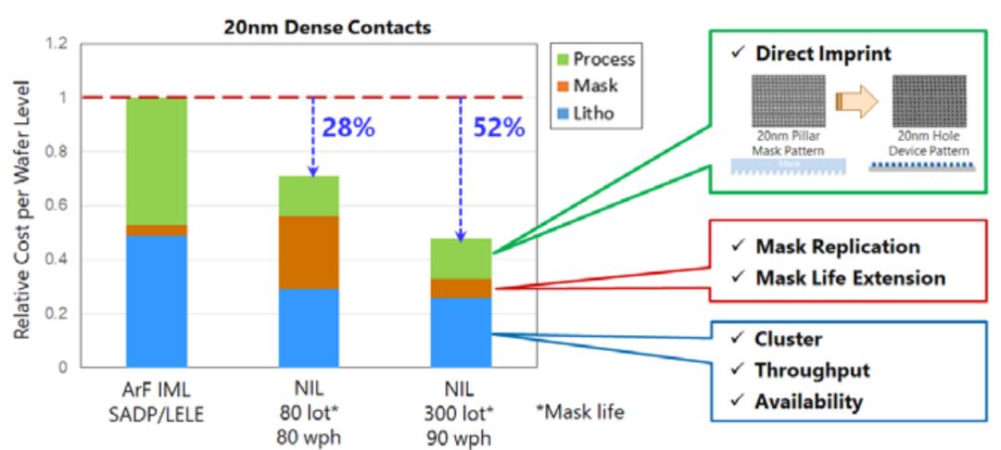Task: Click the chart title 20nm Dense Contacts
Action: [327, 28]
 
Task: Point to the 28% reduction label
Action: [349, 128]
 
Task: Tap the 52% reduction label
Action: [499, 128]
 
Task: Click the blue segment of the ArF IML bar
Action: [156, 301]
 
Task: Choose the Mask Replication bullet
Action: [837, 246]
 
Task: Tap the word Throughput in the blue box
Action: [813, 370]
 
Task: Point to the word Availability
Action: [809, 402]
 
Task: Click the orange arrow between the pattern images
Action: [853, 99]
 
